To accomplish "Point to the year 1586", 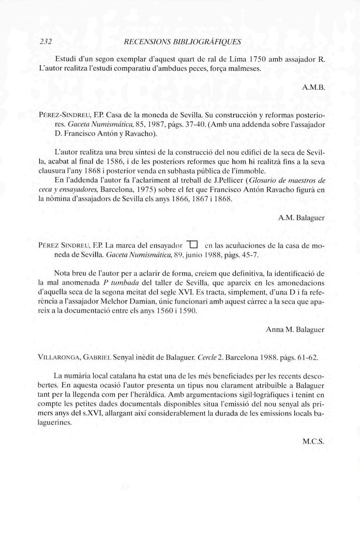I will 115,161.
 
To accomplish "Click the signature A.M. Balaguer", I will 301,218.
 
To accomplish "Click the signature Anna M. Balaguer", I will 295,329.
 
